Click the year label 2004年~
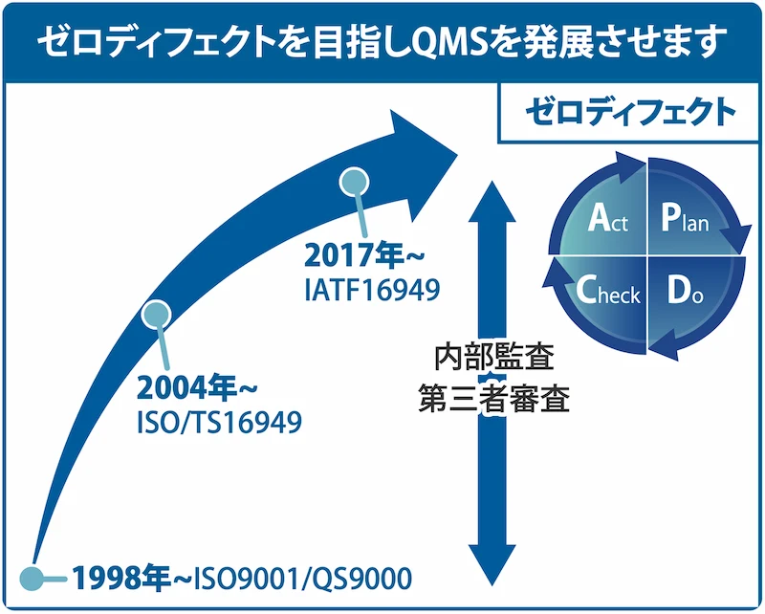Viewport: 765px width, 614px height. tap(197, 389)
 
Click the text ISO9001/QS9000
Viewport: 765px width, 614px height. tap(303, 579)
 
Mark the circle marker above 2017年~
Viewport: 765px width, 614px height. tap(354, 181)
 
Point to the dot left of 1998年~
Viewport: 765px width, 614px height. tap(32, 578)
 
